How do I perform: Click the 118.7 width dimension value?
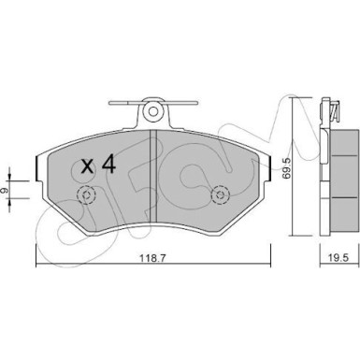coord(153,258)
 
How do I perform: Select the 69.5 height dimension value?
coord(286,168)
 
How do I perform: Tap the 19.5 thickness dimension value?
coord(338,257)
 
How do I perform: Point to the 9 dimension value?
coord(4,189)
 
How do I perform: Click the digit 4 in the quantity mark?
coord(108,165)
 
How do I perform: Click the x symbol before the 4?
coord(87,166)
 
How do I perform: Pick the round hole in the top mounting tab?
coord(153,111)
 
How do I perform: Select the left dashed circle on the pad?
coord(87,195)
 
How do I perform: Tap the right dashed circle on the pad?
coord(221,195)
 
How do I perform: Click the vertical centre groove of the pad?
coord(153,176)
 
